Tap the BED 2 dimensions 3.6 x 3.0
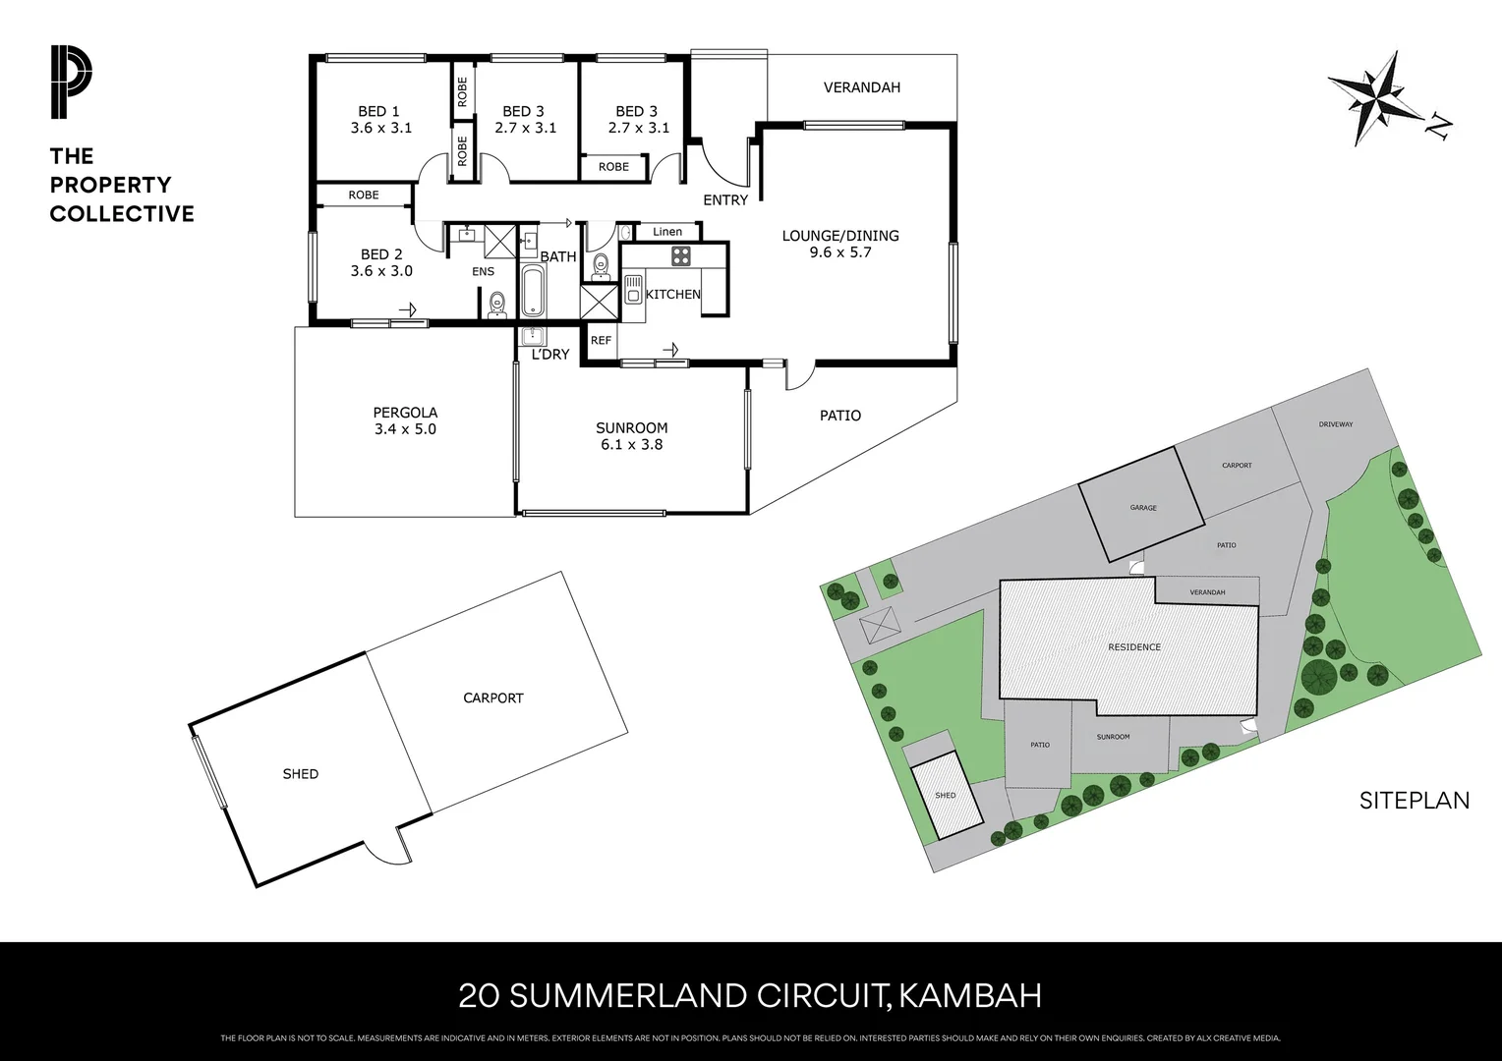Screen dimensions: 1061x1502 pyautogui.click(x=381, y=271)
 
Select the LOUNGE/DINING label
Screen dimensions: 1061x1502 pyautogui.click(x=839, y=236)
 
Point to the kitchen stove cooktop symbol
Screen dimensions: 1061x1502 pyautogui.click(x=681, y=256)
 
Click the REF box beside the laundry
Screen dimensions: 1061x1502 pyautogui.click(x=601, y=340)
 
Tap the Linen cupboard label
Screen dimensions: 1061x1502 pyautogui.click(x=667, y=232)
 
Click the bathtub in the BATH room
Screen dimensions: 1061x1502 pyautogui.click(x=532, y=289)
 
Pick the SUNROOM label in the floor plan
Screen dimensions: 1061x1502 pyautogui.click(x=631, y=428)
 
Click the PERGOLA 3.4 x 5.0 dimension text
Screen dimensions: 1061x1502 pyautogui.click(x=404, y=429)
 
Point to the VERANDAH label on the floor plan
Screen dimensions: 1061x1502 pyautogui.click(x=861, y=87)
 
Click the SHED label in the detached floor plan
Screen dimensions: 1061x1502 pyautogui.click(x=300, y=774)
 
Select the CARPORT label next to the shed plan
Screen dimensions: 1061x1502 pyautogui.click(x=493, y=698)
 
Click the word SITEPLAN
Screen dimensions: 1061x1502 pyautogui.click(x=1414, y=801)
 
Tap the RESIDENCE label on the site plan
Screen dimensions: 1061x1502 pyautogui.click(x=1134, y=647)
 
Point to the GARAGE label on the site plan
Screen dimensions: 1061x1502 pyautogui.click(x=1142, y=508)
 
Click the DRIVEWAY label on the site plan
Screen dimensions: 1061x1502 pyautogui.click(x=1336, y=424)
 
